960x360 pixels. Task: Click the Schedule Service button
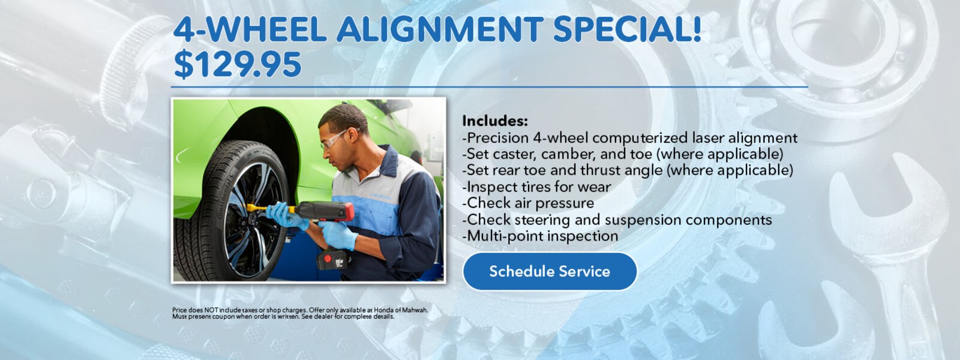(x=550, y=271)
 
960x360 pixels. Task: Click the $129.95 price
(x=238, y=65)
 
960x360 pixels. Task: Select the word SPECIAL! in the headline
(x=627, y=29)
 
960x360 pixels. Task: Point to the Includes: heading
(x=495, y=121)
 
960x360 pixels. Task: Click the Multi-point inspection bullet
(x=540, y=236)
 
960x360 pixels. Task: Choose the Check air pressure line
(x=528, y=203)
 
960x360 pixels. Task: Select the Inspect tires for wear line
(x=536, y=187)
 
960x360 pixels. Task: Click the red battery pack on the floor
(x=332, y=259)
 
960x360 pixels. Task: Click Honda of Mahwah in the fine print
(x=400, y=310)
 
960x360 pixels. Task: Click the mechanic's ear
(x=352, y=135)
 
